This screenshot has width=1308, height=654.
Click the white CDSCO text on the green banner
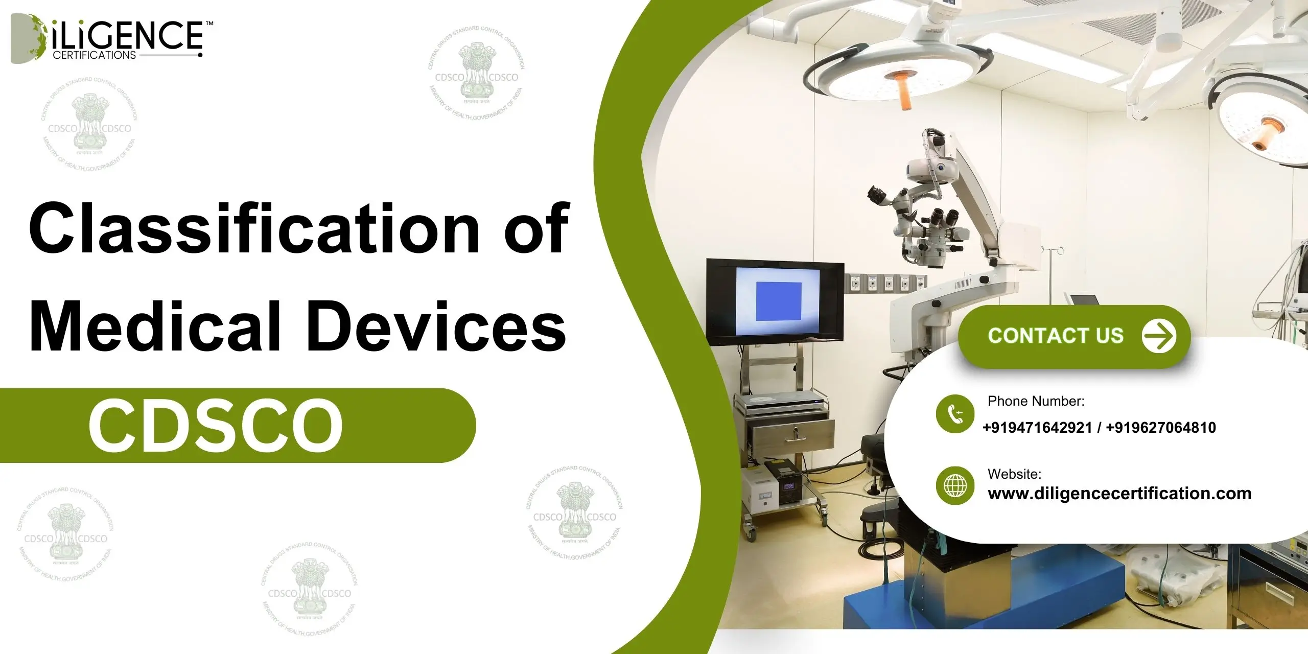(215, 426)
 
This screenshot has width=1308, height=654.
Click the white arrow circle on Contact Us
(1159, 336)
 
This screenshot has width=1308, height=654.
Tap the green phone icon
(955, 414)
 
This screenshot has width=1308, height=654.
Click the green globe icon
(955, 485)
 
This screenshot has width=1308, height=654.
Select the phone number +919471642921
(1037, 428)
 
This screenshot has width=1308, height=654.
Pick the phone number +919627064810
(1161, 428)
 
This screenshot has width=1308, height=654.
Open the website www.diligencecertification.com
(1119, 494)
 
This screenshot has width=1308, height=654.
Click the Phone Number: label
(1036, 401)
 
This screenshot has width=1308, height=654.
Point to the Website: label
(1014, 474)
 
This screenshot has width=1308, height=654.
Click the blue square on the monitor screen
(778, 301)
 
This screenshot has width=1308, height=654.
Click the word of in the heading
(536, 228)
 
